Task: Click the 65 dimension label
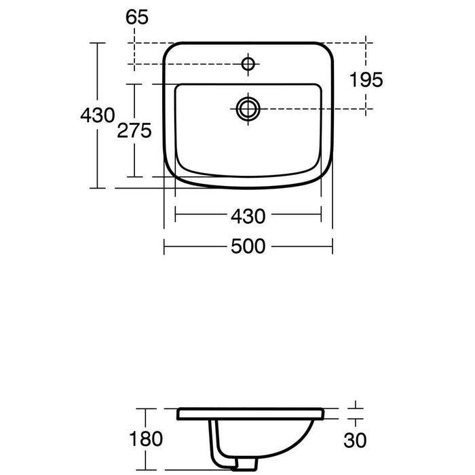pos(136,18)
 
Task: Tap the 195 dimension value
pos(366,79)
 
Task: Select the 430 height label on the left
pos(97,115)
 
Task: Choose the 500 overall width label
pos(248,246)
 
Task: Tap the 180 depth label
pos(146,438)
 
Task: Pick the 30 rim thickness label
pos(358,439)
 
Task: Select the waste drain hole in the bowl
pos(248,107)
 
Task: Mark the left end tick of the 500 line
pos(164,246)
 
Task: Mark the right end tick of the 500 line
pos(332,246)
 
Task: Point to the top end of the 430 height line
pos(99,42)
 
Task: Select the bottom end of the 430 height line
pos(99,189)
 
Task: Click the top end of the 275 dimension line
pos(134,84)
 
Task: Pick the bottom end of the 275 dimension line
pos(134,176)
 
